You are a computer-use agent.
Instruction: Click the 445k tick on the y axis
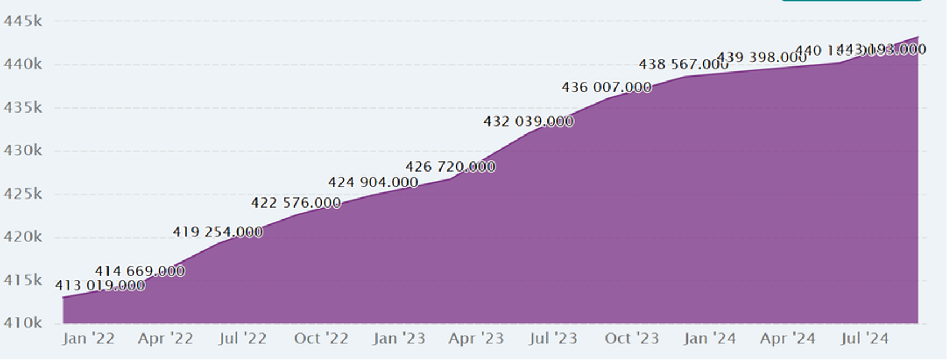coord(23,21)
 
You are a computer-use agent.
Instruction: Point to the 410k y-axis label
coord(23,323)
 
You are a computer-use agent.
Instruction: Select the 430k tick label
coord(23,151)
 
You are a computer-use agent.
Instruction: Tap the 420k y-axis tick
coord(23,237)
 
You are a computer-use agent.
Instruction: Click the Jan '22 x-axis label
coord(88,339)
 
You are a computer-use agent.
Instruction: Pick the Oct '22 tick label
coord(321,339)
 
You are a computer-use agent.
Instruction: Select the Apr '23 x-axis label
coord(476,339)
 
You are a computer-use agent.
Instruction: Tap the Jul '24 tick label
coord(864,339)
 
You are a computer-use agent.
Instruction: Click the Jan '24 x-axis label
coord(710,339)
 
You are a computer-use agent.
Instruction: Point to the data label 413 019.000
coord(100,286)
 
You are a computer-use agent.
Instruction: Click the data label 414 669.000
coord(140,271)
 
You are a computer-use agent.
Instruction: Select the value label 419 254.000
coord(218,232)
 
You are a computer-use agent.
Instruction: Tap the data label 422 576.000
coord(296,202)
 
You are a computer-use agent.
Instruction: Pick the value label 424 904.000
coord(373,183)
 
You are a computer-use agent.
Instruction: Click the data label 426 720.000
coord(450,167)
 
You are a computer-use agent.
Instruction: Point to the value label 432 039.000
coord(528,121)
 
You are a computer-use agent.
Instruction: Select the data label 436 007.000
coord(606,88)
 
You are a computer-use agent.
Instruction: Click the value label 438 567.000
coord(683,65)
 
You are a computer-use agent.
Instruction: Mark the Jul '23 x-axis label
coord(554,339)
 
